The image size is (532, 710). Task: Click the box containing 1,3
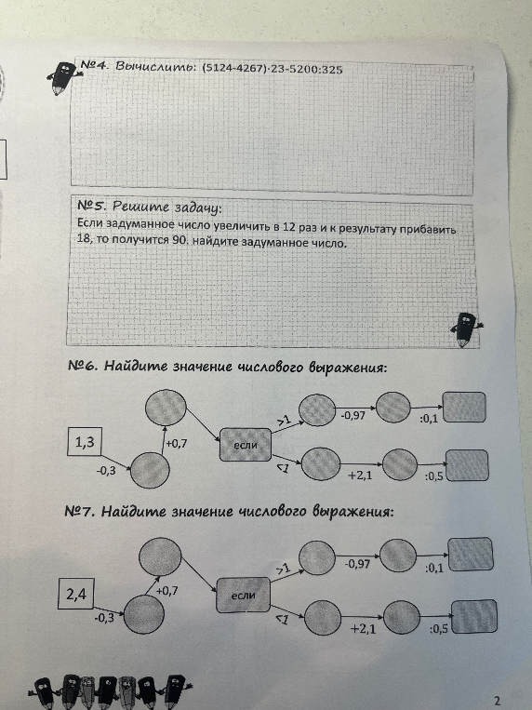pyautogui.click(x=85, y=441)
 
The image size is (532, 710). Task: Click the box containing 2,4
pyautogui.click(x=76, y=594)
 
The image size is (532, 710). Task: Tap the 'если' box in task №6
pyautogui.click(x=246, y=445)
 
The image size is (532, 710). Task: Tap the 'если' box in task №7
pyautogui.click(x=244, y=595)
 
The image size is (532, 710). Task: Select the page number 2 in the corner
pyautogui.click(x=498, y=701)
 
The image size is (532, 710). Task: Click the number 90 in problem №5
pyautogui.click(x=180, y=240)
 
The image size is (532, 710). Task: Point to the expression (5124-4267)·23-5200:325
pyautogui.click(x=272, y=69)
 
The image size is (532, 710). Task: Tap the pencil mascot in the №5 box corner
pyautogui.click(x=466, y=329)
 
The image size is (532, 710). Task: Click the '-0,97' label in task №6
pyautogui.click(x=352, y=415)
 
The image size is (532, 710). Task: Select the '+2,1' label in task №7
pyautogui.click(x=363, y=628)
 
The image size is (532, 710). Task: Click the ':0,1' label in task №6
pyautogui.click(x=429, y=419)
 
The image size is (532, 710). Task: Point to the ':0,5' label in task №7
pyautogui.click(x=439, y=629)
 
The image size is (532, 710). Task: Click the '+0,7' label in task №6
pyautogui.click(x=176, y=443)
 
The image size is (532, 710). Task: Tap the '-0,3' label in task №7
pyautogui.click(x=104, y=618)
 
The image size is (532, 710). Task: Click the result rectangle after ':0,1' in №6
pyautogui.click(x=464, y=407)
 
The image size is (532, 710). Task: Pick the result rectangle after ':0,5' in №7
pyautogui.click(x=474, y=616)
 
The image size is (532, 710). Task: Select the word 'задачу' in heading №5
pyautogui.click(x=197, y=208)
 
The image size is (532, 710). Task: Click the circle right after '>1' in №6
pyautogui.click(x=317, y=409)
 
